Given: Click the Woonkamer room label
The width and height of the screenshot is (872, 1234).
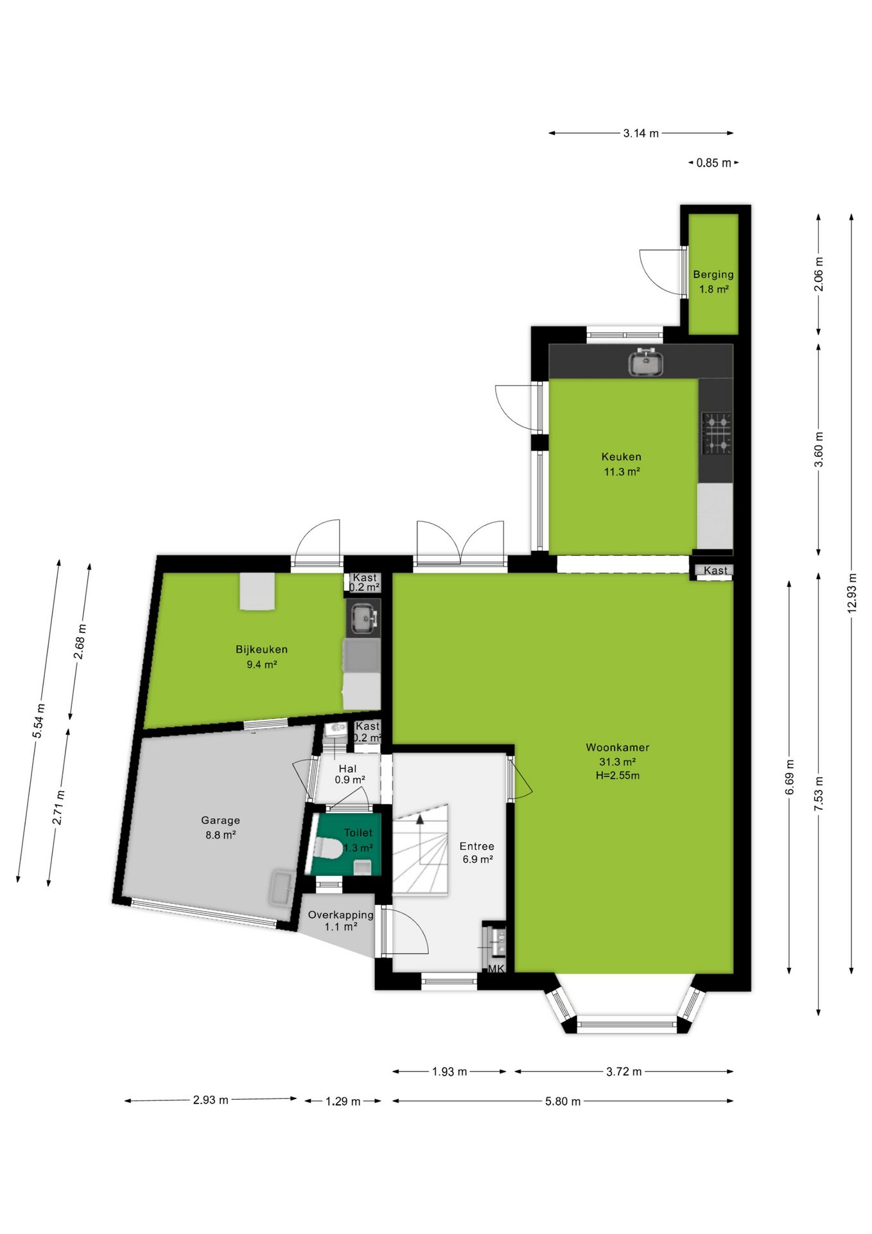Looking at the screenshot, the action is click(617, 747).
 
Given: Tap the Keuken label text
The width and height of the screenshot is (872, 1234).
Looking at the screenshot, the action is click(621, 457).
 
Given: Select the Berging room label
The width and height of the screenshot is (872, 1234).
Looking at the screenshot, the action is click(713, 274).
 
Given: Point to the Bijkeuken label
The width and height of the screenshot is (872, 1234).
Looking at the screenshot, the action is click(261, 650).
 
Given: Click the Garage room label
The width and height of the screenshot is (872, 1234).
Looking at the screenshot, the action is click(220, 821).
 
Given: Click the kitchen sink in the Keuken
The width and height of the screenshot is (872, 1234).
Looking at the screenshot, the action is click(645, 362).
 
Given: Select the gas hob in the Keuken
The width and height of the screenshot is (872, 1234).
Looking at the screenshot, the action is click(717, 433).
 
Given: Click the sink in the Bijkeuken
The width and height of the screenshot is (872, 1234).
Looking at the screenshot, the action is click(363, 618).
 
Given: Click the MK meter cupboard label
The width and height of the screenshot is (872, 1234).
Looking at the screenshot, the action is click(496, 969).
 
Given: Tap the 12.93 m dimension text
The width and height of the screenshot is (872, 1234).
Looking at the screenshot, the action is click(852, 593).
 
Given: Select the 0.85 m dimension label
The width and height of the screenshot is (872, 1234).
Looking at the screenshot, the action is click(713, 163).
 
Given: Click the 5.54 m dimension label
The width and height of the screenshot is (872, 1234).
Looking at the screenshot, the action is click(39, 720).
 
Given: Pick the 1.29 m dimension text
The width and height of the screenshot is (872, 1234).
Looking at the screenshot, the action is click(343, 1102).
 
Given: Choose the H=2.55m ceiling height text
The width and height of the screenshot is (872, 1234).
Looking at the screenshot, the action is click(617, 776).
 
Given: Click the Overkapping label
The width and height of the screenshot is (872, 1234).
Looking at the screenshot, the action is click(340, 915).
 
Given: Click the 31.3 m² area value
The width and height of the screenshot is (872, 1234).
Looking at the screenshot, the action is click(617, 762).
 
